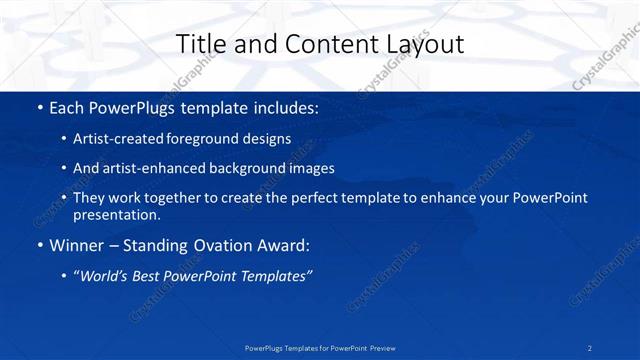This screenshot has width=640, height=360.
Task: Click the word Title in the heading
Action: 200,44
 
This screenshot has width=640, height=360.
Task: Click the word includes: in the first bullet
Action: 283,107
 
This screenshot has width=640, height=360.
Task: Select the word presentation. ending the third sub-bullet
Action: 116,214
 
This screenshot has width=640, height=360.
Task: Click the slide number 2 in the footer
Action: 590,347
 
